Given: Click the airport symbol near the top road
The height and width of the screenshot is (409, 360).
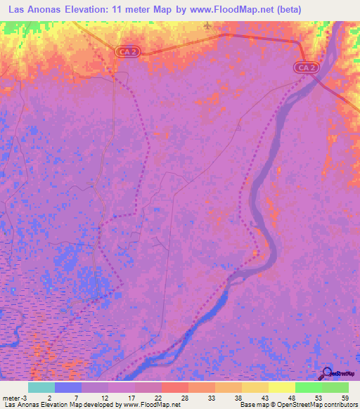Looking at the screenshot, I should (207, 26).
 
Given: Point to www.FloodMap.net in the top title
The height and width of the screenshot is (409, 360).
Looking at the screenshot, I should (235, 10).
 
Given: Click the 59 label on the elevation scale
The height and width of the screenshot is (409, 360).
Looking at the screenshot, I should (344, 397).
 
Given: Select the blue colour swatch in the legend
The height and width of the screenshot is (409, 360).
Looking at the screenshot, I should (68, 387).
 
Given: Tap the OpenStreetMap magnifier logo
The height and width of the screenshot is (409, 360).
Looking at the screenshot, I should (326, 372).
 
